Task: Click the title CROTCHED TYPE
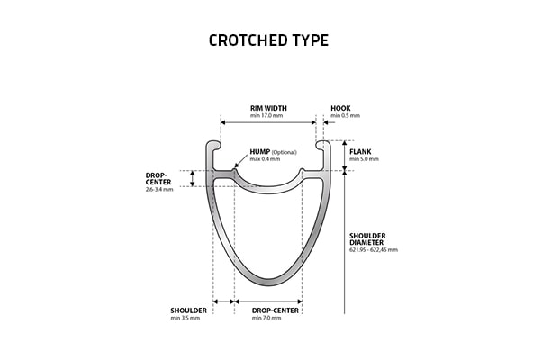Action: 268,40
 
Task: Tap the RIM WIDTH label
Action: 268,109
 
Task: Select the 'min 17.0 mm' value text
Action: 266,116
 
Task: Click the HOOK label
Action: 340,109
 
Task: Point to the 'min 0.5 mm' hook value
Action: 346,116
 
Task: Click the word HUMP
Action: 260,152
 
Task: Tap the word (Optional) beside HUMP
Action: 285,152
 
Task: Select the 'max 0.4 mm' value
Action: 265,159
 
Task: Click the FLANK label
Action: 360,152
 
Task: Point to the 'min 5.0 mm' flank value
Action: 364,159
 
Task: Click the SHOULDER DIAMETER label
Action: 367,239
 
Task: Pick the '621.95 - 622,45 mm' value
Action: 374,250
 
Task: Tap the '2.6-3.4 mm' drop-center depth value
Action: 159,190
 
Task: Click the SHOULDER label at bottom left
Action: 188,310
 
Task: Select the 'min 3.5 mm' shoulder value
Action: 185,318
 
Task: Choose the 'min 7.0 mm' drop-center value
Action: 266,318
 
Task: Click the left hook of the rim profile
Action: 213,145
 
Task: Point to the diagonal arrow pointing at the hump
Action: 241,161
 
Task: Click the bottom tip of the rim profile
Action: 268,286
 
